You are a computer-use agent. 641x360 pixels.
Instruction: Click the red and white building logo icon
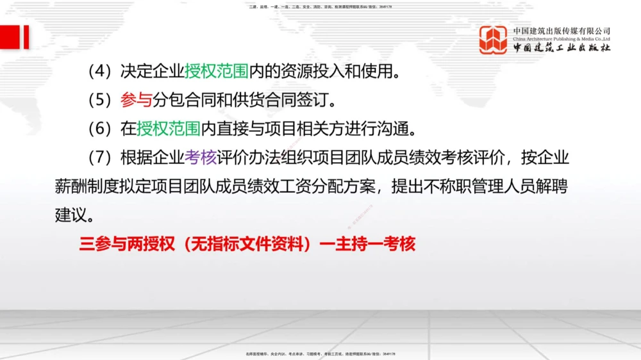(494, 40)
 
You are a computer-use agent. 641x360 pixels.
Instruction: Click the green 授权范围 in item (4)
(217, 71)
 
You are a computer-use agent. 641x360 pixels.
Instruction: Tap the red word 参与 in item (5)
(136, 100)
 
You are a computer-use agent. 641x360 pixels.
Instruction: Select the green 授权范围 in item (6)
(169, 129)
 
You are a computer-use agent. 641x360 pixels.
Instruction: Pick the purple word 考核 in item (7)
(201, 158)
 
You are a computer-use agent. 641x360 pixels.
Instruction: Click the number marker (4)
(101, 71)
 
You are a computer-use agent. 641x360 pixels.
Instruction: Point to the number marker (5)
(101, 100)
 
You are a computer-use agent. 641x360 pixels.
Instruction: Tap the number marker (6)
(101, 129)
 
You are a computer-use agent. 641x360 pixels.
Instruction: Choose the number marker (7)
(101, 158)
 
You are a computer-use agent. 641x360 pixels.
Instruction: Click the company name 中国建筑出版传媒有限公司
(562, 30)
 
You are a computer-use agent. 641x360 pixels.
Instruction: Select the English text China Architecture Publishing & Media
(562, 38)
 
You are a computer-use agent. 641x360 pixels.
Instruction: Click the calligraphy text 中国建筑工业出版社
(562, 48)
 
